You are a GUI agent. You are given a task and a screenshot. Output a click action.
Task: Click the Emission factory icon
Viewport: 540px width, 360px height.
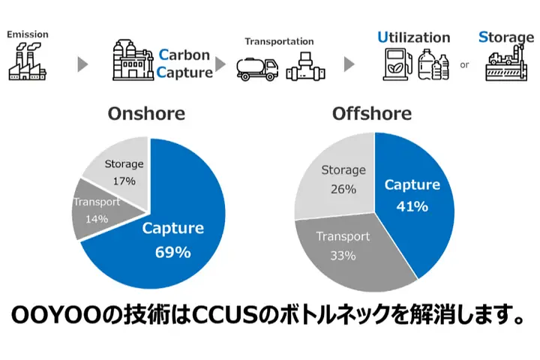pos(27,61)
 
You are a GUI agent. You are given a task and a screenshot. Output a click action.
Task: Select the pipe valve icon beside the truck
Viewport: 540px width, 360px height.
pos(305,67)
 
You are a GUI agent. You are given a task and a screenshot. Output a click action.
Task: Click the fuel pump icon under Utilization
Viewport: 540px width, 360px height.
pos(397,64)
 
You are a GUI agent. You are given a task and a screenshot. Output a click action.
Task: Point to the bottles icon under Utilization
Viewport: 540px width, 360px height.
pos(433,64)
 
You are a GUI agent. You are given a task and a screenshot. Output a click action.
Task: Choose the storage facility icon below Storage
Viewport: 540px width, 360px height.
pos(506,63)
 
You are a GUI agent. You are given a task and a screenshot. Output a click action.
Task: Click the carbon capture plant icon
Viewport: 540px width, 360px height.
pos(133,60)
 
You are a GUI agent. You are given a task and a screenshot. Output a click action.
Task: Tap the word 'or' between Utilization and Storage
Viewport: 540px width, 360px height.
pos(464,64)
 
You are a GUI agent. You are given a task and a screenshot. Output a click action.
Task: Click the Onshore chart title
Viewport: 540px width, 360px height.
pos(146,113)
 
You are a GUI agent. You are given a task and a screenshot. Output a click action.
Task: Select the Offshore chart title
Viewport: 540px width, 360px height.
pos(372,113)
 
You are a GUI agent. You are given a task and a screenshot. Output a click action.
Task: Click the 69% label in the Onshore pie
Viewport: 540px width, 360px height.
pos(173,252)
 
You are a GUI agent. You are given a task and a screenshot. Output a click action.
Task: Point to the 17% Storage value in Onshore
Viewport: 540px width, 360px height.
pos(124,181)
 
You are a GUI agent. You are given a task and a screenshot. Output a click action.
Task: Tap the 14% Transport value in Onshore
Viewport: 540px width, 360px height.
pos(97,219)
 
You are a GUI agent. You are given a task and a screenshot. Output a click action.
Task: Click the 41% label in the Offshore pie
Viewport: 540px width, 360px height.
pos(412,206)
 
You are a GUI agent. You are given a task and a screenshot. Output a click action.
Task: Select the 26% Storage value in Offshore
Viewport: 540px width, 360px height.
pos(343,189)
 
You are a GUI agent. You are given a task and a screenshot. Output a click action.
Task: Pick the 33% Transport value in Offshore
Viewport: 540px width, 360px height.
pos(343,256)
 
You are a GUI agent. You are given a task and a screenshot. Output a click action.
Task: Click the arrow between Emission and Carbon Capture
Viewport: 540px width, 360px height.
pos(82,64)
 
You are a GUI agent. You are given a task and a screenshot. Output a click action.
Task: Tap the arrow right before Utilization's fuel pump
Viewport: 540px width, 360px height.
pos(349,64)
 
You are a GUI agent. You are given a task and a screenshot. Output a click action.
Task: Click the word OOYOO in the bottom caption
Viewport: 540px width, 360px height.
pos(55,315)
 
